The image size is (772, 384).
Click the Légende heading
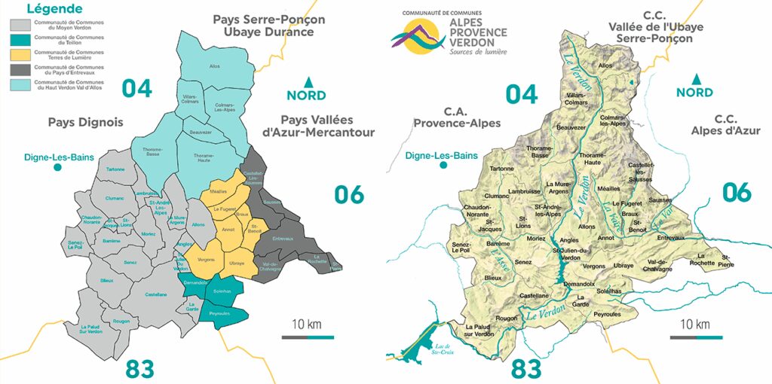pos(54,9)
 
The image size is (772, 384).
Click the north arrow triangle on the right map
pos(694,78)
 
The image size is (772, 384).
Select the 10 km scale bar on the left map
pos(308,337)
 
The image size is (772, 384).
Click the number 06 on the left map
pos(348,194)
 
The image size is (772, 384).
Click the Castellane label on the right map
pos(534,295)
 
